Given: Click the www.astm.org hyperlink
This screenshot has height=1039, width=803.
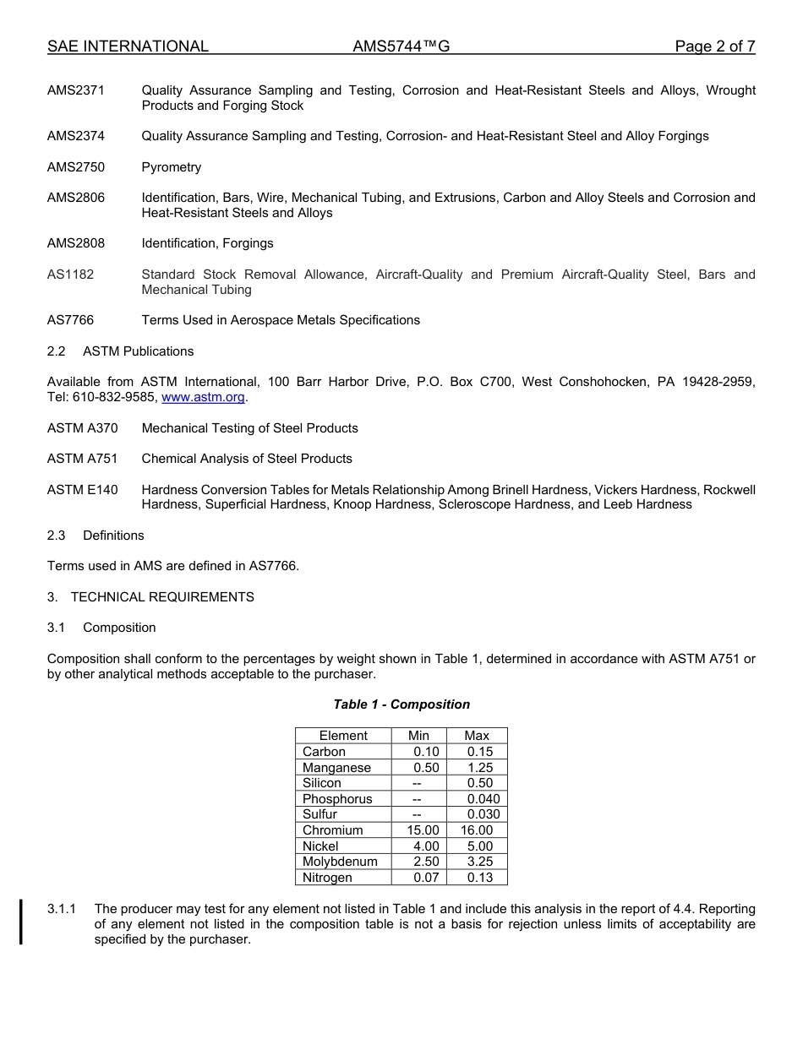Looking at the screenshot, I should [x=203, y=397].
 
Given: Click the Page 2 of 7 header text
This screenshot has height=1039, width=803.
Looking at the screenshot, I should [x=714, y=46].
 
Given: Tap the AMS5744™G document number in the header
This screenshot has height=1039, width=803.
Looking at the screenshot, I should [x=401, y=46].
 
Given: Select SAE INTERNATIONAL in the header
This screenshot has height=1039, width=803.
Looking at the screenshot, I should [x=128, y=46].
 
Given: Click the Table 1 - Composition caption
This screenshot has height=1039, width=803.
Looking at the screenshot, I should [x=401, y=704].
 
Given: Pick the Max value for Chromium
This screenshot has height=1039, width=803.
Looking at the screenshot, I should [x=477, y=830].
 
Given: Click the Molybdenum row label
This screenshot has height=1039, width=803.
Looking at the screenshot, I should [x=340, y=862].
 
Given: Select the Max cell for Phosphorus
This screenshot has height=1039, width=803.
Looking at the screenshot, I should [x=483, y=799].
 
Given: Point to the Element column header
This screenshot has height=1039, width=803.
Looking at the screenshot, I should [x=343, y=736].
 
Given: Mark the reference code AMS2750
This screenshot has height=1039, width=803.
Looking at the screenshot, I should [x=76, y=167].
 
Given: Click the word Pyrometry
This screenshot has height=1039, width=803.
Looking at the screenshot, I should [x=172, y=167].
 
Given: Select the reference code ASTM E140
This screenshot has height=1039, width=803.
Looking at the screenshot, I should [x=83, y=490].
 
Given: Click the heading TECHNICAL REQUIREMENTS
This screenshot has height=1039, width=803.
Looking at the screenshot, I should [x=162, y=597].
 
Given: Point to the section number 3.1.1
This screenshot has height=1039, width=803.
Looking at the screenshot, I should [x=62, y=909].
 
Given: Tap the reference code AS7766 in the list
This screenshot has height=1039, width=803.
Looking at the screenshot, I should [x=71, y=320].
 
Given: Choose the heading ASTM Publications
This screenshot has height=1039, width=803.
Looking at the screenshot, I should [x=139, y=351].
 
